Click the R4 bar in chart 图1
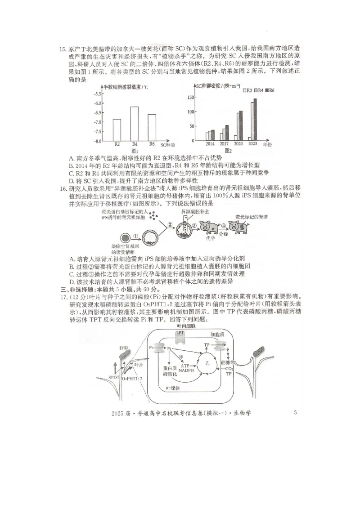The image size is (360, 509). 134,124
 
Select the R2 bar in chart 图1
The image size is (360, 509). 117,130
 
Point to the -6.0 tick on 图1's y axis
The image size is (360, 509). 97,103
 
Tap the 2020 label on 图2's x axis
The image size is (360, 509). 238,144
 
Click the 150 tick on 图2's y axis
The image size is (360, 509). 191,97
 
